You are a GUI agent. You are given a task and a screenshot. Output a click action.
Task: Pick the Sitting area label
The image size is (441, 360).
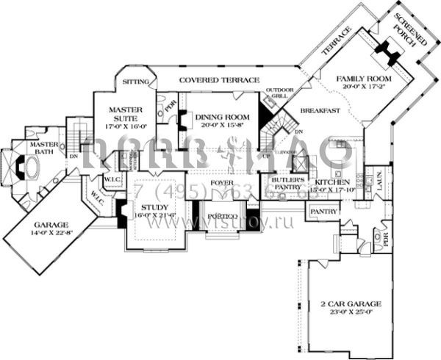(x=136, y=82)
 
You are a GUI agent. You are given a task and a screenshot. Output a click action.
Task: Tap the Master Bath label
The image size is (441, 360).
(x=43, y=150)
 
